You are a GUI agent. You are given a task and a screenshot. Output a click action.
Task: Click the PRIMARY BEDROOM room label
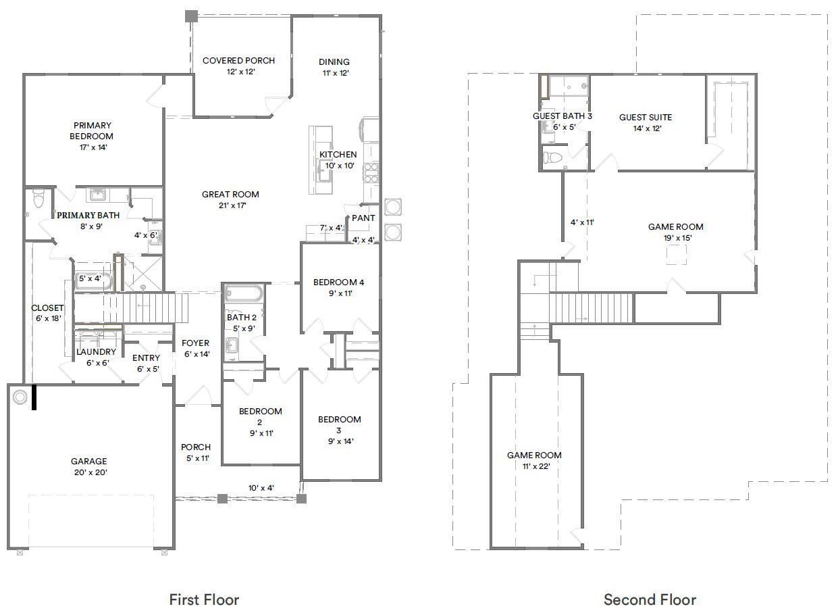click(x=93, y=130)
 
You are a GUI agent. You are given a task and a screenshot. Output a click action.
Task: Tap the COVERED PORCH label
click(x=238, y=61)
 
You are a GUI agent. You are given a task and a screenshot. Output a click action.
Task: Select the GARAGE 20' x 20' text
click(x=89, y=462)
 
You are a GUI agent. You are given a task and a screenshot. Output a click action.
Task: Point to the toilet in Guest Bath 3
click(x=552, y=157)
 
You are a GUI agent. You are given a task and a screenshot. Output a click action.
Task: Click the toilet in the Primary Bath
click(x=38, y=199)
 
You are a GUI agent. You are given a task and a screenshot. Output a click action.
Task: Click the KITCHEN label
click(x=338, y=155)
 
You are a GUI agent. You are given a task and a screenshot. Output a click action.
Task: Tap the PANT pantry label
click(x=363, y=218)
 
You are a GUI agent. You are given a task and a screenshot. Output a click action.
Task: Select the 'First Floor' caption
click(x=203, y=599)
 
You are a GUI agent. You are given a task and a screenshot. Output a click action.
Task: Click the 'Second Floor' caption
click(x=650, y=599)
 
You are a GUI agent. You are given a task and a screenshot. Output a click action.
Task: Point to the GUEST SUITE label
click(x=645, y=118)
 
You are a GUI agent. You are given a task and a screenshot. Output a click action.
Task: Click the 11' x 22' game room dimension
click(x=534, y=466)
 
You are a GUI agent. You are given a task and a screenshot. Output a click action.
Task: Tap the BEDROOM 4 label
click(x=338, y=282)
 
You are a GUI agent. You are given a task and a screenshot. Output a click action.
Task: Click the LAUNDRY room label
click(x=96, y=352)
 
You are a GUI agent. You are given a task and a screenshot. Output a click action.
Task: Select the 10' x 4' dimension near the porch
click(x=261, y=487)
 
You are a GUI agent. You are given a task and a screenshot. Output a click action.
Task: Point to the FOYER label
click(x=196, y=343)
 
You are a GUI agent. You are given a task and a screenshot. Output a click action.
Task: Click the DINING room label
click(x=334, y=62)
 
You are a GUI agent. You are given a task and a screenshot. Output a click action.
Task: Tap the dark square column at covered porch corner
click(x=192, y=16)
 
